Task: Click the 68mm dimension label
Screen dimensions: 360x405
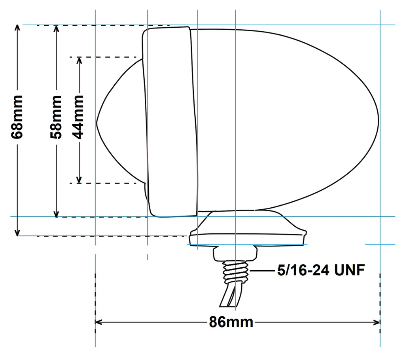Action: (18, 116)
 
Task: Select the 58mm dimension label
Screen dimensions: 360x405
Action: (57, 116)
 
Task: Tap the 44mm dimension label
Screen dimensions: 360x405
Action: (79, 116)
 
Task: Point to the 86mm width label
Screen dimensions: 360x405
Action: (231, 322)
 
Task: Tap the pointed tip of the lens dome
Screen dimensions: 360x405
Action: (98, 121)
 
